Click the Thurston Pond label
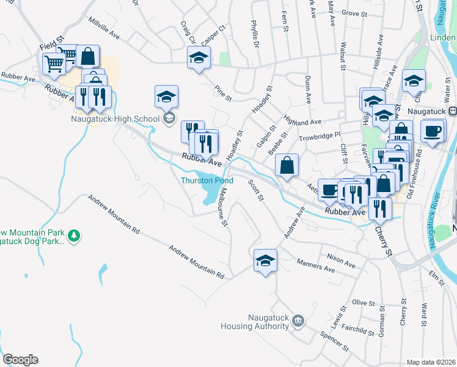pyautogui.click(x=207, y=181)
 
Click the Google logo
pyautogui.click(x=20, y=360)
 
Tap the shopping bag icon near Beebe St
pyautogui.click(x=287, y=165)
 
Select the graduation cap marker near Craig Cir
pyautogui.click(x=197, y=59)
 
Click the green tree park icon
pyautogui.click(x=74, y=235)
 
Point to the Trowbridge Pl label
pyautogui.click(x=318, y=136)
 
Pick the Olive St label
pyautogui.click(x=363, y=303)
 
